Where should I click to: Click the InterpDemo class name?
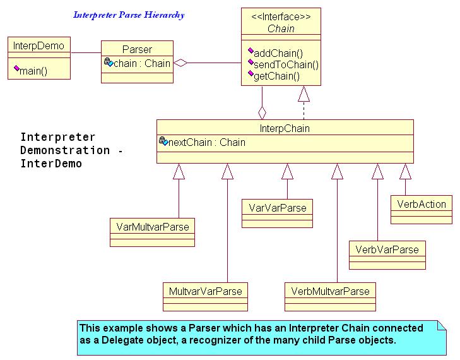[x=38, y=46]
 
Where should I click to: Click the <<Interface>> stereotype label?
[x=281, y=17]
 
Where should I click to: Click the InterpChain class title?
[x=285, y=128]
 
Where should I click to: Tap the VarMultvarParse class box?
[x=152, y=232]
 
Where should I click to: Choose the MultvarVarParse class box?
[x=205, y=297]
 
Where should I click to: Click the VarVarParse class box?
[x=277, y=213]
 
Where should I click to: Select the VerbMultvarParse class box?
[x=330, y=297]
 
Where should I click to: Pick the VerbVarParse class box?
[x=387, y=255]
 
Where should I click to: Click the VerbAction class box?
[x=422, y=210]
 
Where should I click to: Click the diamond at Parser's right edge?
[x=180, y=63]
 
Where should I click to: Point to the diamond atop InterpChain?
[x=262, y=113]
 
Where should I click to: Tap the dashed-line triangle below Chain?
[x=304, y=93]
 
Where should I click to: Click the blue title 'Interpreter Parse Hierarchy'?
[x=129, y=15]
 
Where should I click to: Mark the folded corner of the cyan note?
[x=442, y=325]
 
